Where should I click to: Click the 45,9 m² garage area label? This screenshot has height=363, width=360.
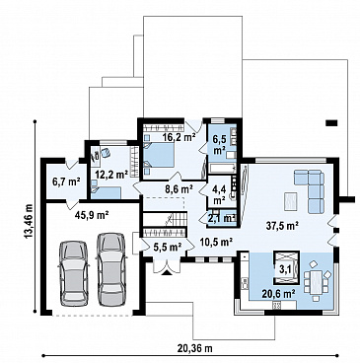click(92, 215)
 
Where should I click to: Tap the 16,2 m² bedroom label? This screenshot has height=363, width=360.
click(179, 137)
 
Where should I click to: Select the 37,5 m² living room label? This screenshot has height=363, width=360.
click(282, 225)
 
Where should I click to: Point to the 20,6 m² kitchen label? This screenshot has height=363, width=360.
click(278, 293)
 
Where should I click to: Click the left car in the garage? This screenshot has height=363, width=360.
click(73, 274)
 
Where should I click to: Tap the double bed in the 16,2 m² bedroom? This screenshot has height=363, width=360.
click(159, 155)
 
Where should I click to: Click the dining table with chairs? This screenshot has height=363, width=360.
click(316, 281)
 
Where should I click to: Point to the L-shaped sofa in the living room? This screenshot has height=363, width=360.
click(310, 189)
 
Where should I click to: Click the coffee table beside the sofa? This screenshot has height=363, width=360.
click(291, 201)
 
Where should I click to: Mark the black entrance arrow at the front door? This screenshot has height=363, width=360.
click(167, 272)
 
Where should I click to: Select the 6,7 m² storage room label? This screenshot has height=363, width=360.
click(67, 181)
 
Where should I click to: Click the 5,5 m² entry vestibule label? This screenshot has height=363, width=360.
click(168, 247)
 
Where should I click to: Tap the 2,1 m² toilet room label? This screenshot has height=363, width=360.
click(222, 217)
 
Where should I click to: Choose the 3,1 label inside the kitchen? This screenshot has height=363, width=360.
click(286, 269)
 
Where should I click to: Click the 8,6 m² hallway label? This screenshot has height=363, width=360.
click(178, 189)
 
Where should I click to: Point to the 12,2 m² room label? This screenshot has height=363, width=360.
click(111, 174)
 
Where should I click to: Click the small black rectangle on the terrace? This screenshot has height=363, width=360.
click(331, 123)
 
